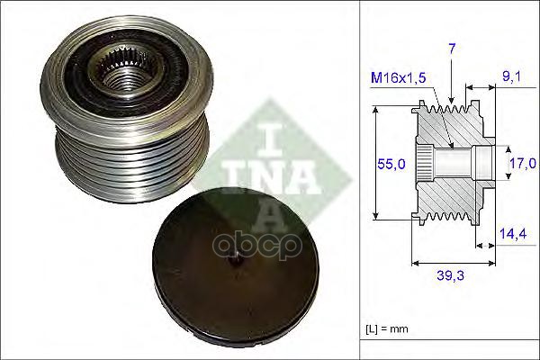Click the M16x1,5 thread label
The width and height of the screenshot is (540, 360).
click(399, 78)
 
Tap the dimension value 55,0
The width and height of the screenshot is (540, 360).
click(391, 164)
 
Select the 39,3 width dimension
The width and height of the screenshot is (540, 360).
click(451, 275)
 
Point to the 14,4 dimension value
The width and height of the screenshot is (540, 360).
click(513, 234)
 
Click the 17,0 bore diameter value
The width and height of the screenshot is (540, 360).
click(523, 163)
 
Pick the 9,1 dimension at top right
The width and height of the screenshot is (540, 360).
click(512, 77)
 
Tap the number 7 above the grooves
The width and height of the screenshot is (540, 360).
click(452, 49)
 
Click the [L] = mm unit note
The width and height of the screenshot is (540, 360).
click(387, 329)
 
